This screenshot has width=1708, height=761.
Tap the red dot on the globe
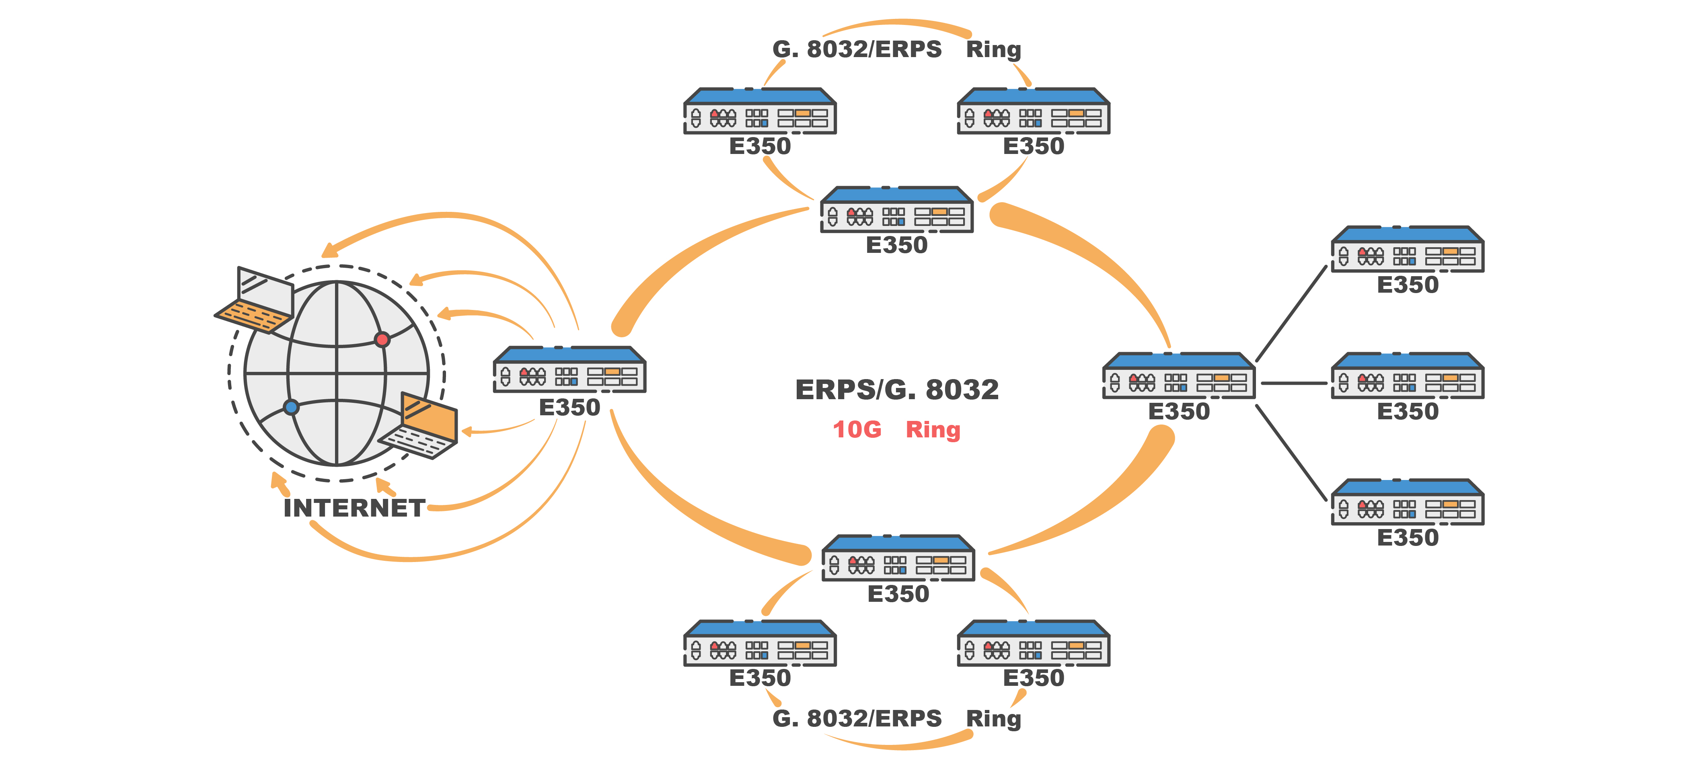click(382, 339)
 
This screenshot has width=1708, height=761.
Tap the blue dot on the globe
click(291, 407)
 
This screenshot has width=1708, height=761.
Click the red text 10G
click(857, 430)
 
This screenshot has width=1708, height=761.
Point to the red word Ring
click(933, 430)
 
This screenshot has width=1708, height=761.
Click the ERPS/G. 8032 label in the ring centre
click(896, 390)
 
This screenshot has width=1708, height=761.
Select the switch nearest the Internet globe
click(569, 370)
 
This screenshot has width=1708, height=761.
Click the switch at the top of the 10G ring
click(896, 210)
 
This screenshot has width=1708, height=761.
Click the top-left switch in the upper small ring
click(760, 111)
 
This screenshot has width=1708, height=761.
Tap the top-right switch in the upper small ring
click(1034, 111)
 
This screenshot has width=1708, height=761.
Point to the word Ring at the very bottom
click(993, 718)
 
